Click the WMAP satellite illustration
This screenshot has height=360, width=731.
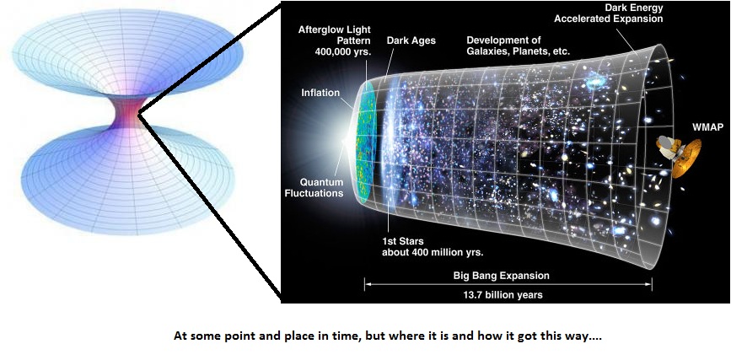point(681,154)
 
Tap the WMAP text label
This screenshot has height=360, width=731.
point(707,126)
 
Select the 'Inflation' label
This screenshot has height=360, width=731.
point(321,93)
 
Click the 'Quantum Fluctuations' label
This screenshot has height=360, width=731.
point(321,187)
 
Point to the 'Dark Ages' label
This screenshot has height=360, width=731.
point(409,40)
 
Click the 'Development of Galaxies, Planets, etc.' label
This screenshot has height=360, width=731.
point(518,46)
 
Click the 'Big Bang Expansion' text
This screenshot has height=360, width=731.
point(501,276)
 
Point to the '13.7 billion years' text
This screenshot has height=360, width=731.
point(501,295)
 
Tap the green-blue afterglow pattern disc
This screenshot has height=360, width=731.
point(366,139)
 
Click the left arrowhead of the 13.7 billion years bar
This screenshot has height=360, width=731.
point(368,285)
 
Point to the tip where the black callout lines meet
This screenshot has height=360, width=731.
point(138,112)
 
